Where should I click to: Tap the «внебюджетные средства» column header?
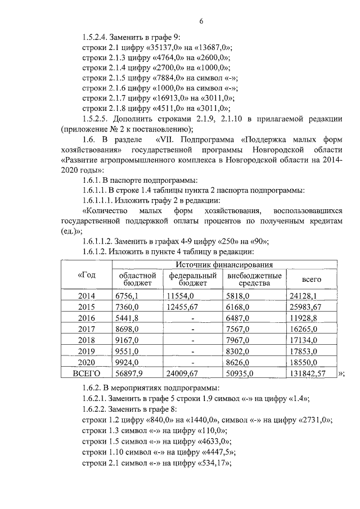click(254, 280)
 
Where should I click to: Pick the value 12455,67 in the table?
click(184, 307)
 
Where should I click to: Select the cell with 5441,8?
click(127, 318)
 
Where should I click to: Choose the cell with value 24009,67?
click(184, 373)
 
